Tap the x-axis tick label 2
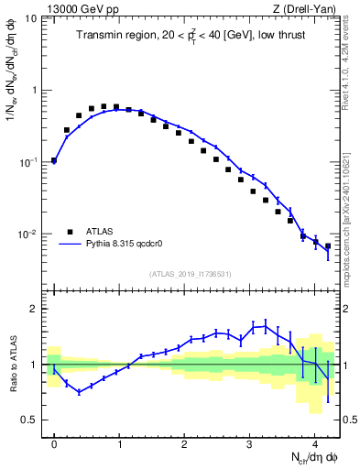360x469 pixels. (185, 439)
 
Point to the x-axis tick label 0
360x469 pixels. (54, 439)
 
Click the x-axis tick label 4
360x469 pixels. (315, 439)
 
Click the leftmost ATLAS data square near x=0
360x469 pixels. (54, 160)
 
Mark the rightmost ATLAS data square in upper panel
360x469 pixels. (328, 245)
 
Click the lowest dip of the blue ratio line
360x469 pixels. (80, 392)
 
